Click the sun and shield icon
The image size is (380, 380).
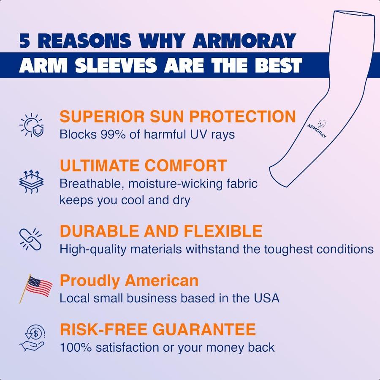31,125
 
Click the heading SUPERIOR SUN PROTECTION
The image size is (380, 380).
178,117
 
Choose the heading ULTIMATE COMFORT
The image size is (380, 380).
144,166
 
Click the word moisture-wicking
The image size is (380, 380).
173,184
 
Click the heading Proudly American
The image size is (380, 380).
129,280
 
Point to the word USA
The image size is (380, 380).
266,298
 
